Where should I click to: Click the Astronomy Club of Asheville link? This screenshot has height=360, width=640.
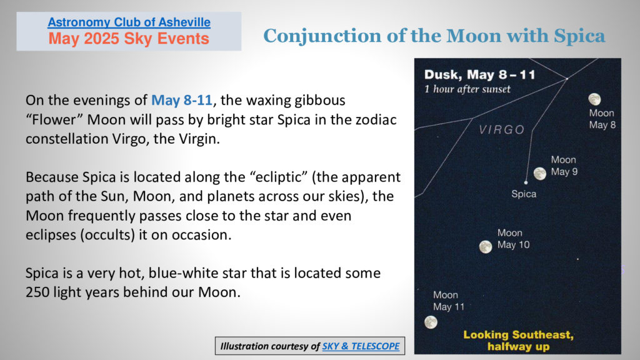pyautogui.click(x=129, y=22)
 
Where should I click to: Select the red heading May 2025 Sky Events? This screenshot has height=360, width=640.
pyautogui.click(x=129, y=39)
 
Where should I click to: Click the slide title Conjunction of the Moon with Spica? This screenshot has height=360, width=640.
pyautogui.click(x=434, y=36)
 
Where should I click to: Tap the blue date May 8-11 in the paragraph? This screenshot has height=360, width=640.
pyautogui.click(x=182, y=100)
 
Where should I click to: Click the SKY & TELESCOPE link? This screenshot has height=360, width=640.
pyautogui.click(x=361, y=346)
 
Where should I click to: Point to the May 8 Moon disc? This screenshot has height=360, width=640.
pyautogui.click(x=595, y=99)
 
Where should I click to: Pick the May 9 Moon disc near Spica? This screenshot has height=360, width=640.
pyautogui.click(x=540, y=174)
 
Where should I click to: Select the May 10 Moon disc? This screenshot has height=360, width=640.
pyautogui.click(x=485, y=246)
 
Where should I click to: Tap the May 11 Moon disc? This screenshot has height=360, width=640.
pyautogui.click(x=431, y=322)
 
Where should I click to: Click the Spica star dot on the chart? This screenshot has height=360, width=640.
pyautogui.click(x=526, y=182)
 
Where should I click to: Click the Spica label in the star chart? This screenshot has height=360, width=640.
pyautogui.click(x=524, y=194)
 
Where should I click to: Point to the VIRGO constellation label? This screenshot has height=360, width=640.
pyautogui.click(x=502, y=130)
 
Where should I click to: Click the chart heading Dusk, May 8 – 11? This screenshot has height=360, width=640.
pyautogui.click(x=479, y=75)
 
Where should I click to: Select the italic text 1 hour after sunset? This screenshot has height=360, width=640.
pyautogui.click(x=467, y=89)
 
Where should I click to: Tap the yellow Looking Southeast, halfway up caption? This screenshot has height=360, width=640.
pyautogui.click(x=518, y=341)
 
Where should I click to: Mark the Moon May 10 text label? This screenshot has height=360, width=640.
pyautogui.click(x=514, y=239)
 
